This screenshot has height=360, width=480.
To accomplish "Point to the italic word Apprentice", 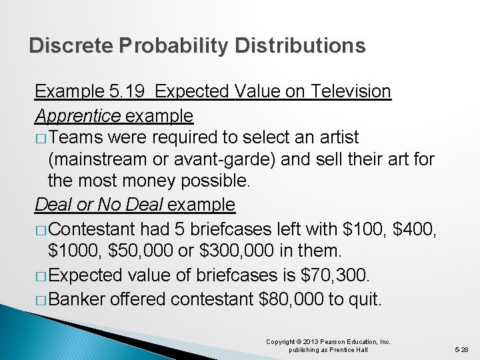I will [77, 115].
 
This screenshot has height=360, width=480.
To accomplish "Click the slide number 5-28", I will [461, 349].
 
